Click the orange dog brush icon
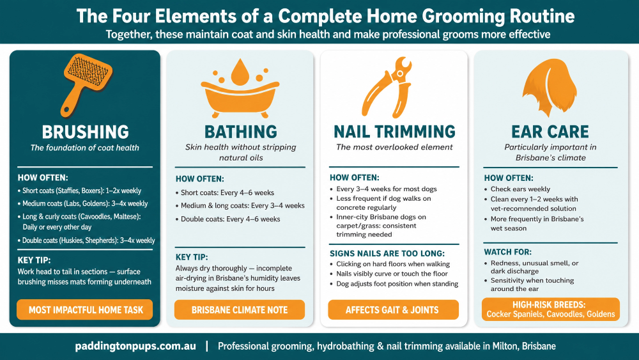(x=86, y=84)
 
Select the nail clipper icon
(x=387, y=88)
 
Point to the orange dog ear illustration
(x=550, y=87)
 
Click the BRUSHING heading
(x=85, y=132)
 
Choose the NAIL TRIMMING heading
(x=394, y=132)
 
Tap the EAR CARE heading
(x=550, y=132)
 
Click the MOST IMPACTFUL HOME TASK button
(x=85, y=310)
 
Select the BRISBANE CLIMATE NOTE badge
(x=240, y=310)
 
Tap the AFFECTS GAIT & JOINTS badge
(x=393, y=310)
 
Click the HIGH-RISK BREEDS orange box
(x=551, y=309)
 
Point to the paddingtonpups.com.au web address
(x=135, y=346)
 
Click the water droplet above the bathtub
(x=240, y=72)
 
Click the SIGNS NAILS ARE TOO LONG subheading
(x=387, y=254)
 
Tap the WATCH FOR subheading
(x=508, y=252)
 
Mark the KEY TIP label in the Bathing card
(x=192, y=257)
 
